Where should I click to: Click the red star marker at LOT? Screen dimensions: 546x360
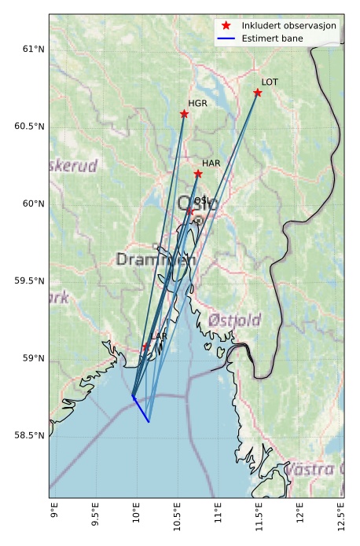tap(258, 93)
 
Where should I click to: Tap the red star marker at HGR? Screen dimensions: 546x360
tap(185, 114)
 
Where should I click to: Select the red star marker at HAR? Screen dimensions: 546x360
tap(198, 174)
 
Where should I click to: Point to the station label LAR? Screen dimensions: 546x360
tap(159, 336)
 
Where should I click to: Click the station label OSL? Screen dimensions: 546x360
tap(203, 201)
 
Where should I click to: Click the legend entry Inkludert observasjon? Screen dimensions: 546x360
tap(289, 26)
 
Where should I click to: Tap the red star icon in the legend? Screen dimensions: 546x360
tap(226, 26)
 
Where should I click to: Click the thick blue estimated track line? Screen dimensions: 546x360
tap(141, 410)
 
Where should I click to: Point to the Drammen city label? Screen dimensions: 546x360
tap(156, 259)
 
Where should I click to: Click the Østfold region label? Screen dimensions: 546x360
tap(234, 320)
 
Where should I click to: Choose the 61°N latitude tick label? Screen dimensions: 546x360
tap(32, 49)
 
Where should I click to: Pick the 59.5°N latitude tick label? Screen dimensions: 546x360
tap(29, 281)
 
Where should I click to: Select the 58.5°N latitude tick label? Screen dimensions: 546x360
tap(29, 435)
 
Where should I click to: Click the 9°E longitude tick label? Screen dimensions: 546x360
tap(54, 514)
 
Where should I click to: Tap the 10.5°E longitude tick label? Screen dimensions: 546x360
tap(177, 517)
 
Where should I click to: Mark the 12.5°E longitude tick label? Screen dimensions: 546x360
tap(340, 517)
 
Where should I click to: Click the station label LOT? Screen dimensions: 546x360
tap(270, 82)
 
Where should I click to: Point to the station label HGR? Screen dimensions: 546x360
tap(197, 103)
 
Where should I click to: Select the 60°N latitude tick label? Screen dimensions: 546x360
tap(32, 204)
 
